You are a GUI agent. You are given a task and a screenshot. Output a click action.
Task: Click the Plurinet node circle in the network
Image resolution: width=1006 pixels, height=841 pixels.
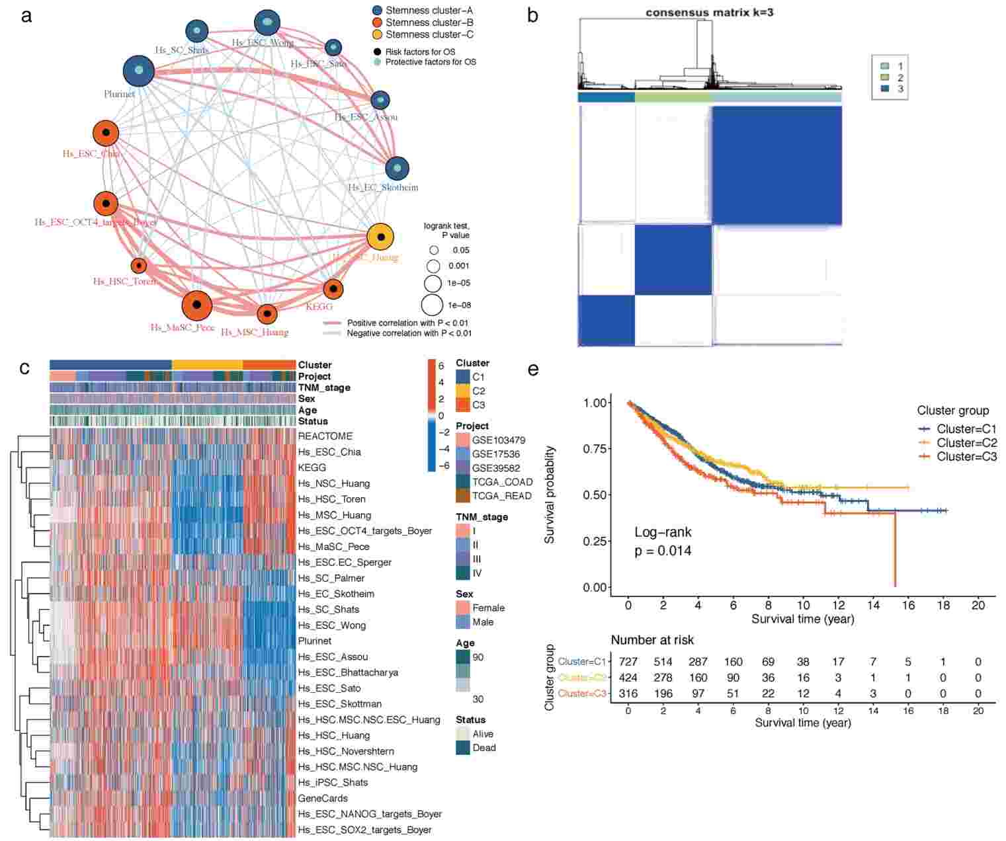coord(139,71)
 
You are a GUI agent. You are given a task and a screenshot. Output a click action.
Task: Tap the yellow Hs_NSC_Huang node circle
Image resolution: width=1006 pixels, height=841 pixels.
coord(380,237)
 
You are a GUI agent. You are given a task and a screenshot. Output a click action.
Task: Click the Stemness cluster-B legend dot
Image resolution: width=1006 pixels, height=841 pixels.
coord(377,22)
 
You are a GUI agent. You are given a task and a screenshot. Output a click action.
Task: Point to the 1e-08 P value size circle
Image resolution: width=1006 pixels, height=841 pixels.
coord(432,305)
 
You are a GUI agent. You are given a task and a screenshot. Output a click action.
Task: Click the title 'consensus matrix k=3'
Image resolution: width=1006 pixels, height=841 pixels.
coord(709,13)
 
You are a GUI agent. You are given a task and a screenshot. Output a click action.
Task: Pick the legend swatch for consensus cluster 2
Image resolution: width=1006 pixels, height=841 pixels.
coord(884,77)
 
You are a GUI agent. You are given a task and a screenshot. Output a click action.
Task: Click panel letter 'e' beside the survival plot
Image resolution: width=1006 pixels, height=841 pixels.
coord(533,369)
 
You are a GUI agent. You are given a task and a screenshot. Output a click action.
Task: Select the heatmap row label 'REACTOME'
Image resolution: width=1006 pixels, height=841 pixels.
coord(325,436)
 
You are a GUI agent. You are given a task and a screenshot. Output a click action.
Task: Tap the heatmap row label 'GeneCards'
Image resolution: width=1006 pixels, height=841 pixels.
coord(323,798)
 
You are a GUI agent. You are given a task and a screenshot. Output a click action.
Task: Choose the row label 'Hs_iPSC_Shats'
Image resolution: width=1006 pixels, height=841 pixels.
coord(333,782)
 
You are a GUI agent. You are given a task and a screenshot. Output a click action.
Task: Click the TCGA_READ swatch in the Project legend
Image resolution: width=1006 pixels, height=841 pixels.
coord(463,496)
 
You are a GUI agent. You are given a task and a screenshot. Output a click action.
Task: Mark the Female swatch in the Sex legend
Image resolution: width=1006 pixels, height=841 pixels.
coord(463,608)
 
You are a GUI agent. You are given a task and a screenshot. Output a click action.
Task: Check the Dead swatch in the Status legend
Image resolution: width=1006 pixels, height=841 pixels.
coord(463,748)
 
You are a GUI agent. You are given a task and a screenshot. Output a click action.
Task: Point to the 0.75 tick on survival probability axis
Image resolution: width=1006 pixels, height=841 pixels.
coord(595,449)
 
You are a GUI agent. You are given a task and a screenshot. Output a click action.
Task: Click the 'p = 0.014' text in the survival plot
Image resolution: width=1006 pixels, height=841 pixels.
coord(663,551)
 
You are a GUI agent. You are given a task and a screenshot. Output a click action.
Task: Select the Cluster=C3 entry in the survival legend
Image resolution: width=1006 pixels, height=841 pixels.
coord(957,457)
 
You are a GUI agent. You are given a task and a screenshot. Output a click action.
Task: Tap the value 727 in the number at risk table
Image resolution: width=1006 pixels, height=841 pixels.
coord(628,662)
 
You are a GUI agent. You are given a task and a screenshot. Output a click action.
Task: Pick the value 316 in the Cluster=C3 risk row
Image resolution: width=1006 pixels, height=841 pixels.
coord(628,694)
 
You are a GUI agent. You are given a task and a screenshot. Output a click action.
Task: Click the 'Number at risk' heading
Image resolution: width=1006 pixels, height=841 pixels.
coord(652,640)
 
